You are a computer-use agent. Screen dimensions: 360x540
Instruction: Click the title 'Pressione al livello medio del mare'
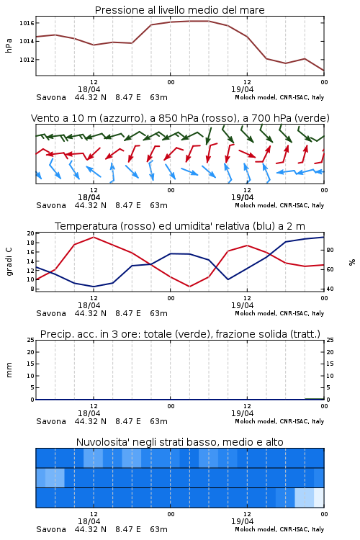179,10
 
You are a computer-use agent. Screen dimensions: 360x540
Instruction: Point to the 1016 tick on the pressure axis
27,23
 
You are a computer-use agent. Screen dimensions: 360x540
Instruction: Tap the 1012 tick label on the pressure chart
27,60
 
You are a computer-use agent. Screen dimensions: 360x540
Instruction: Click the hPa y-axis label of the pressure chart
9,45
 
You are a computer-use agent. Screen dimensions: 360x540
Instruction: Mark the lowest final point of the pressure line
324,71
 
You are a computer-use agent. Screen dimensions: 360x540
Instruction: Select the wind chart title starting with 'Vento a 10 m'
180,118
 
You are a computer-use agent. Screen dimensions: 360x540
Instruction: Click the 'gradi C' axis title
9,262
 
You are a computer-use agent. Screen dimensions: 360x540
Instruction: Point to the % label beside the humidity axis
352,262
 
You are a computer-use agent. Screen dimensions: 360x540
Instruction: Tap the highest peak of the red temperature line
94,237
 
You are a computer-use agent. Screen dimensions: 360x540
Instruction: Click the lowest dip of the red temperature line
190,287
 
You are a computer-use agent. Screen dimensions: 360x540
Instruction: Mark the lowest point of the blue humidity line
94,287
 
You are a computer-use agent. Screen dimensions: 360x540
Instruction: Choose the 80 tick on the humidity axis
330,250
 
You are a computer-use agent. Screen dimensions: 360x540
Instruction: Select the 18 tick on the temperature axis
31,243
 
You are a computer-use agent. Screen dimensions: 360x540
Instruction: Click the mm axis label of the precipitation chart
9,369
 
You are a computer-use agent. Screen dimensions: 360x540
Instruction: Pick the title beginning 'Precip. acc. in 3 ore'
180,334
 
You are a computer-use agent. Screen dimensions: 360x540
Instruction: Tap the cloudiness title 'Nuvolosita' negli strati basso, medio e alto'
179,442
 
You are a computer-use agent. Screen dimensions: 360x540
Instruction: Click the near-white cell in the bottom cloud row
319,498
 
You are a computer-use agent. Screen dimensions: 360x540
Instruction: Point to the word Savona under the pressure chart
51,97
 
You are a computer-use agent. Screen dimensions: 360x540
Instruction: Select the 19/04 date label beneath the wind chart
242,197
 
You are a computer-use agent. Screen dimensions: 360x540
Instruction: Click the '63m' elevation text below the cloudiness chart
158,529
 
